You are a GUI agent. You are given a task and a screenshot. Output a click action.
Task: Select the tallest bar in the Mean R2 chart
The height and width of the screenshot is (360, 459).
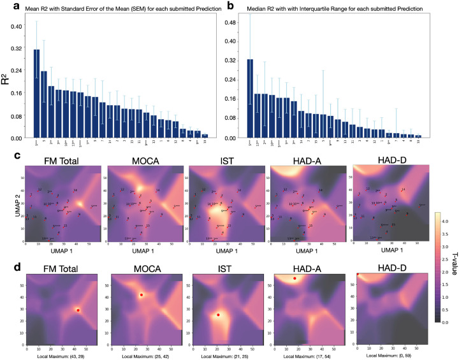pos(36,93)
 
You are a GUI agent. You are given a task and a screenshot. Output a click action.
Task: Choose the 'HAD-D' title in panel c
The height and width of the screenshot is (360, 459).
pos(388,159)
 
